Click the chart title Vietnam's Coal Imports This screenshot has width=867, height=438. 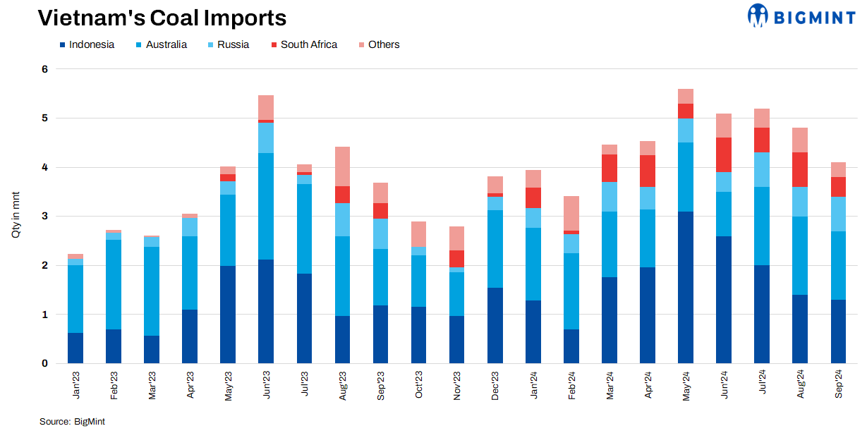click(x=162, y=18)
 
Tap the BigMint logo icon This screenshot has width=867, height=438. click(x=758, y=16)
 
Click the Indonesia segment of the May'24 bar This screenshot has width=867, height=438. click(x=686, y=287)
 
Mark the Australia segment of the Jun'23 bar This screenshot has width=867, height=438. click(x=266, y=206)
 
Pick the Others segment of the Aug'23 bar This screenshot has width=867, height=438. click(x=342, y=166)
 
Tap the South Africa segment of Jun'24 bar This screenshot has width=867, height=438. click(x=724, y=154)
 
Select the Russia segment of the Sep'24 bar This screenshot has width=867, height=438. click(x=838, y=214)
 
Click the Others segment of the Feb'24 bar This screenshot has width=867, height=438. click(x=571, y=213)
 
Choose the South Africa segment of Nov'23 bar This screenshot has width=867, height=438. click(x=456, y=259)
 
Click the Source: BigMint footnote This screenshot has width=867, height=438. click(x=72, y=421)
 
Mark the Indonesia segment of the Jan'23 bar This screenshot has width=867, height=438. click(x=75, y=348)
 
